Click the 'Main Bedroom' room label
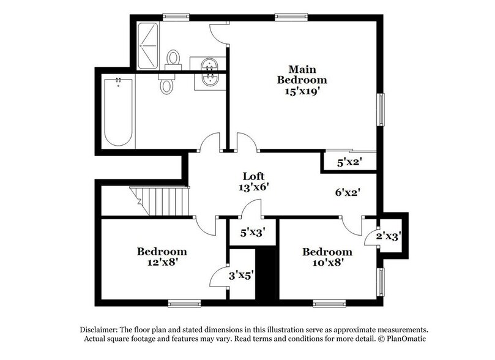[x=302, y=74]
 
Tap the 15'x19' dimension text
[x=302, y=91]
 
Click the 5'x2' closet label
[x=350, y=163]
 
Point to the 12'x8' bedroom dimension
[x=162, y=262]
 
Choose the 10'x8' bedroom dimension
[x=327, y=263]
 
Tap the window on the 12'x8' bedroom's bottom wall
[x=184, y=302]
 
